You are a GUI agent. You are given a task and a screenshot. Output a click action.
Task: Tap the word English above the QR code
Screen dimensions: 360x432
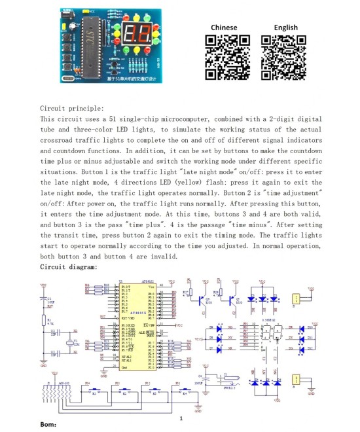(285, 27)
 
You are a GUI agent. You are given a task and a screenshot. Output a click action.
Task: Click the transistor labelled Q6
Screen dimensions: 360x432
(200, 300)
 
